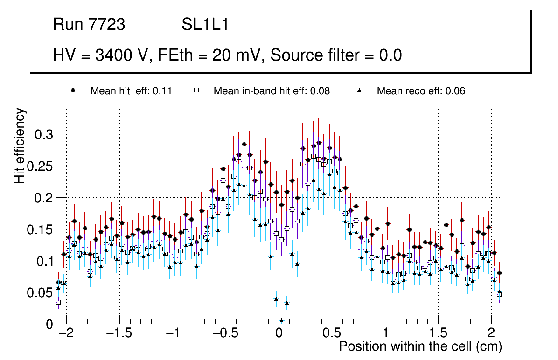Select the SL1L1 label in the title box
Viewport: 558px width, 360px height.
pos(205,25)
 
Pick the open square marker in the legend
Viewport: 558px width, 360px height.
pos(196,91)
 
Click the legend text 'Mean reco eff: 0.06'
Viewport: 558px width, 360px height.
pos(421,91)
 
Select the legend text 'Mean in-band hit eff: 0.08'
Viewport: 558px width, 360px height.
pos(272,91)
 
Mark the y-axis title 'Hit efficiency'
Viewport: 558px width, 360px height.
pos(20,145)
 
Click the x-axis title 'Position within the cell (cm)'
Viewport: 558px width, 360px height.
pos(420,346)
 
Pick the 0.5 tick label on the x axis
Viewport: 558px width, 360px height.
pos(332,334)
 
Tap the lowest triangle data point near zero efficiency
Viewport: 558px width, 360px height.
pos(281,320)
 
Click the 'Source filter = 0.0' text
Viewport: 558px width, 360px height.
pos(336,55)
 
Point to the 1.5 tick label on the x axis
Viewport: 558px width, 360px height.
pos(438,334)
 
